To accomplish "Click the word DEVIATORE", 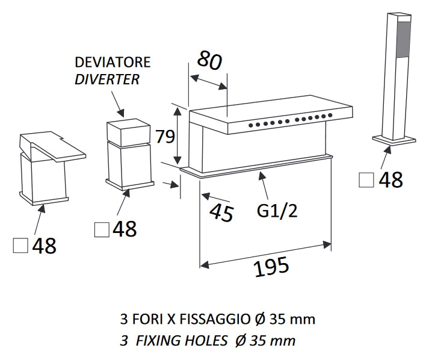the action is click(x=113, y=62).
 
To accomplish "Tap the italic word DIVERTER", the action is click(x=107, y=79).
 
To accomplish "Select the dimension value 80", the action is click(x=209, y=60).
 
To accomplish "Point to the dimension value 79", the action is click(x=165, y=136).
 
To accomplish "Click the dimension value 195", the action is click(x=271, y=266).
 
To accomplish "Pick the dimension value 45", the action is click(x=221, y=212).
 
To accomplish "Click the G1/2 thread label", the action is click(x=277, y=211).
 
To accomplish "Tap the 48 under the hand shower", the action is click(x=390, y=179).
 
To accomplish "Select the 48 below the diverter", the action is click(x=125, y=229).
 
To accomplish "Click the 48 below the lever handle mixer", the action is click(x=44, y=246).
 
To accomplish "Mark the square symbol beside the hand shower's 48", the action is click(x=366, y=180).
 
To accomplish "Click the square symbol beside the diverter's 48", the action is click(x=102, y=229).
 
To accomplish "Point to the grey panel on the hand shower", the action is click(x=404, y=39).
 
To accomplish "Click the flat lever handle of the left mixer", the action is click(x=52, y=146).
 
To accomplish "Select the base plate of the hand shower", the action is click(x=394, y=139).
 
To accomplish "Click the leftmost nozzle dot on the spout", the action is click(x=251, y=125).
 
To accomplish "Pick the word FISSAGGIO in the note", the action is click(x=214, y=319).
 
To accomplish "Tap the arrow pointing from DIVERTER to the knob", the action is click(x=117, y=104).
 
